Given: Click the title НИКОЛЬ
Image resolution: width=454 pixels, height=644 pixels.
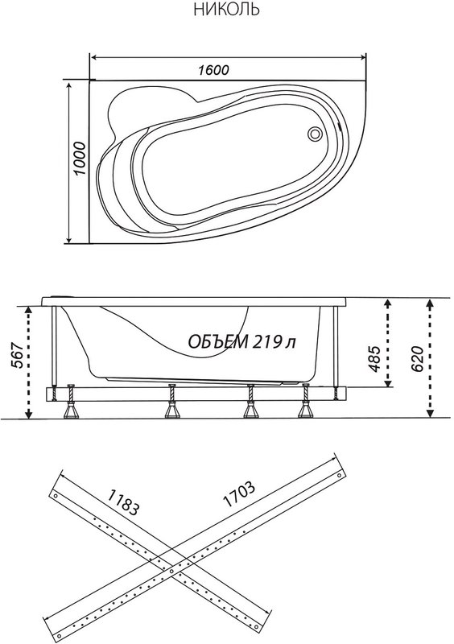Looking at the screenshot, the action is [x=226, y=9].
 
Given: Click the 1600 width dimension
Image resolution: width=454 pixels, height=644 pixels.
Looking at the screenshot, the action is [x=213, y=70].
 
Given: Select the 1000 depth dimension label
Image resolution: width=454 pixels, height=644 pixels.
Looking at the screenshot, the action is [x=80, y=159].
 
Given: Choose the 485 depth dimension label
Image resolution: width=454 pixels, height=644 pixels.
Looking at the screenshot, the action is [x=374, y=359].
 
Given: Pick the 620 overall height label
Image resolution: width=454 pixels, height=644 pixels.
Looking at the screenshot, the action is [x=417, y=358].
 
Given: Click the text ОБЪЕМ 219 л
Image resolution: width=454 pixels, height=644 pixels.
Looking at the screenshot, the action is [x=242, y=341].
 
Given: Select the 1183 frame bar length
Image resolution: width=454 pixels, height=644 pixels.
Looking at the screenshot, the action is [x=123, y=502].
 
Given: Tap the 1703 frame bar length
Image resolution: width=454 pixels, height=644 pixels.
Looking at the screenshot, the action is [x=239, y=493].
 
